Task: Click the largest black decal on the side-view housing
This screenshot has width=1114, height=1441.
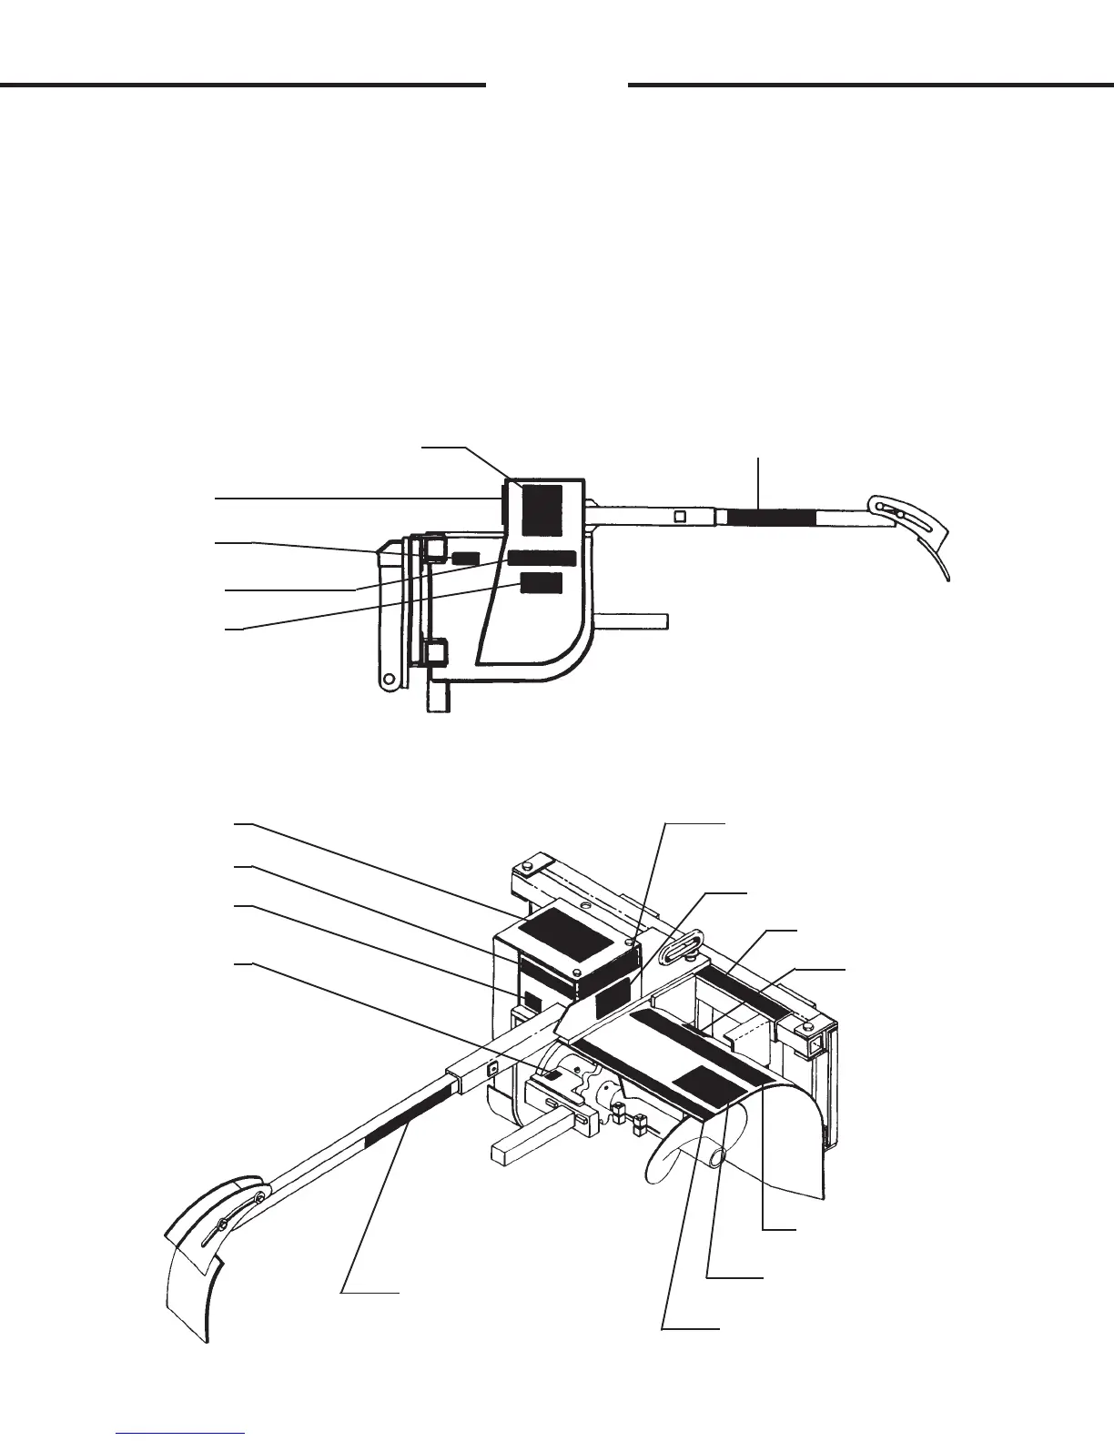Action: click(542, 509)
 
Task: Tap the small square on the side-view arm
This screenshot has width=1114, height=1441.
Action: click(680, 518)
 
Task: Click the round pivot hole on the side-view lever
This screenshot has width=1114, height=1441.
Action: click(390, 679)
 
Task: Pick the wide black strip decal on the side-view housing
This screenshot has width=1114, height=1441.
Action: click(542, 558)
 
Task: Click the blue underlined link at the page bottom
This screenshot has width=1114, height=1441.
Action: click(181, 1432)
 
